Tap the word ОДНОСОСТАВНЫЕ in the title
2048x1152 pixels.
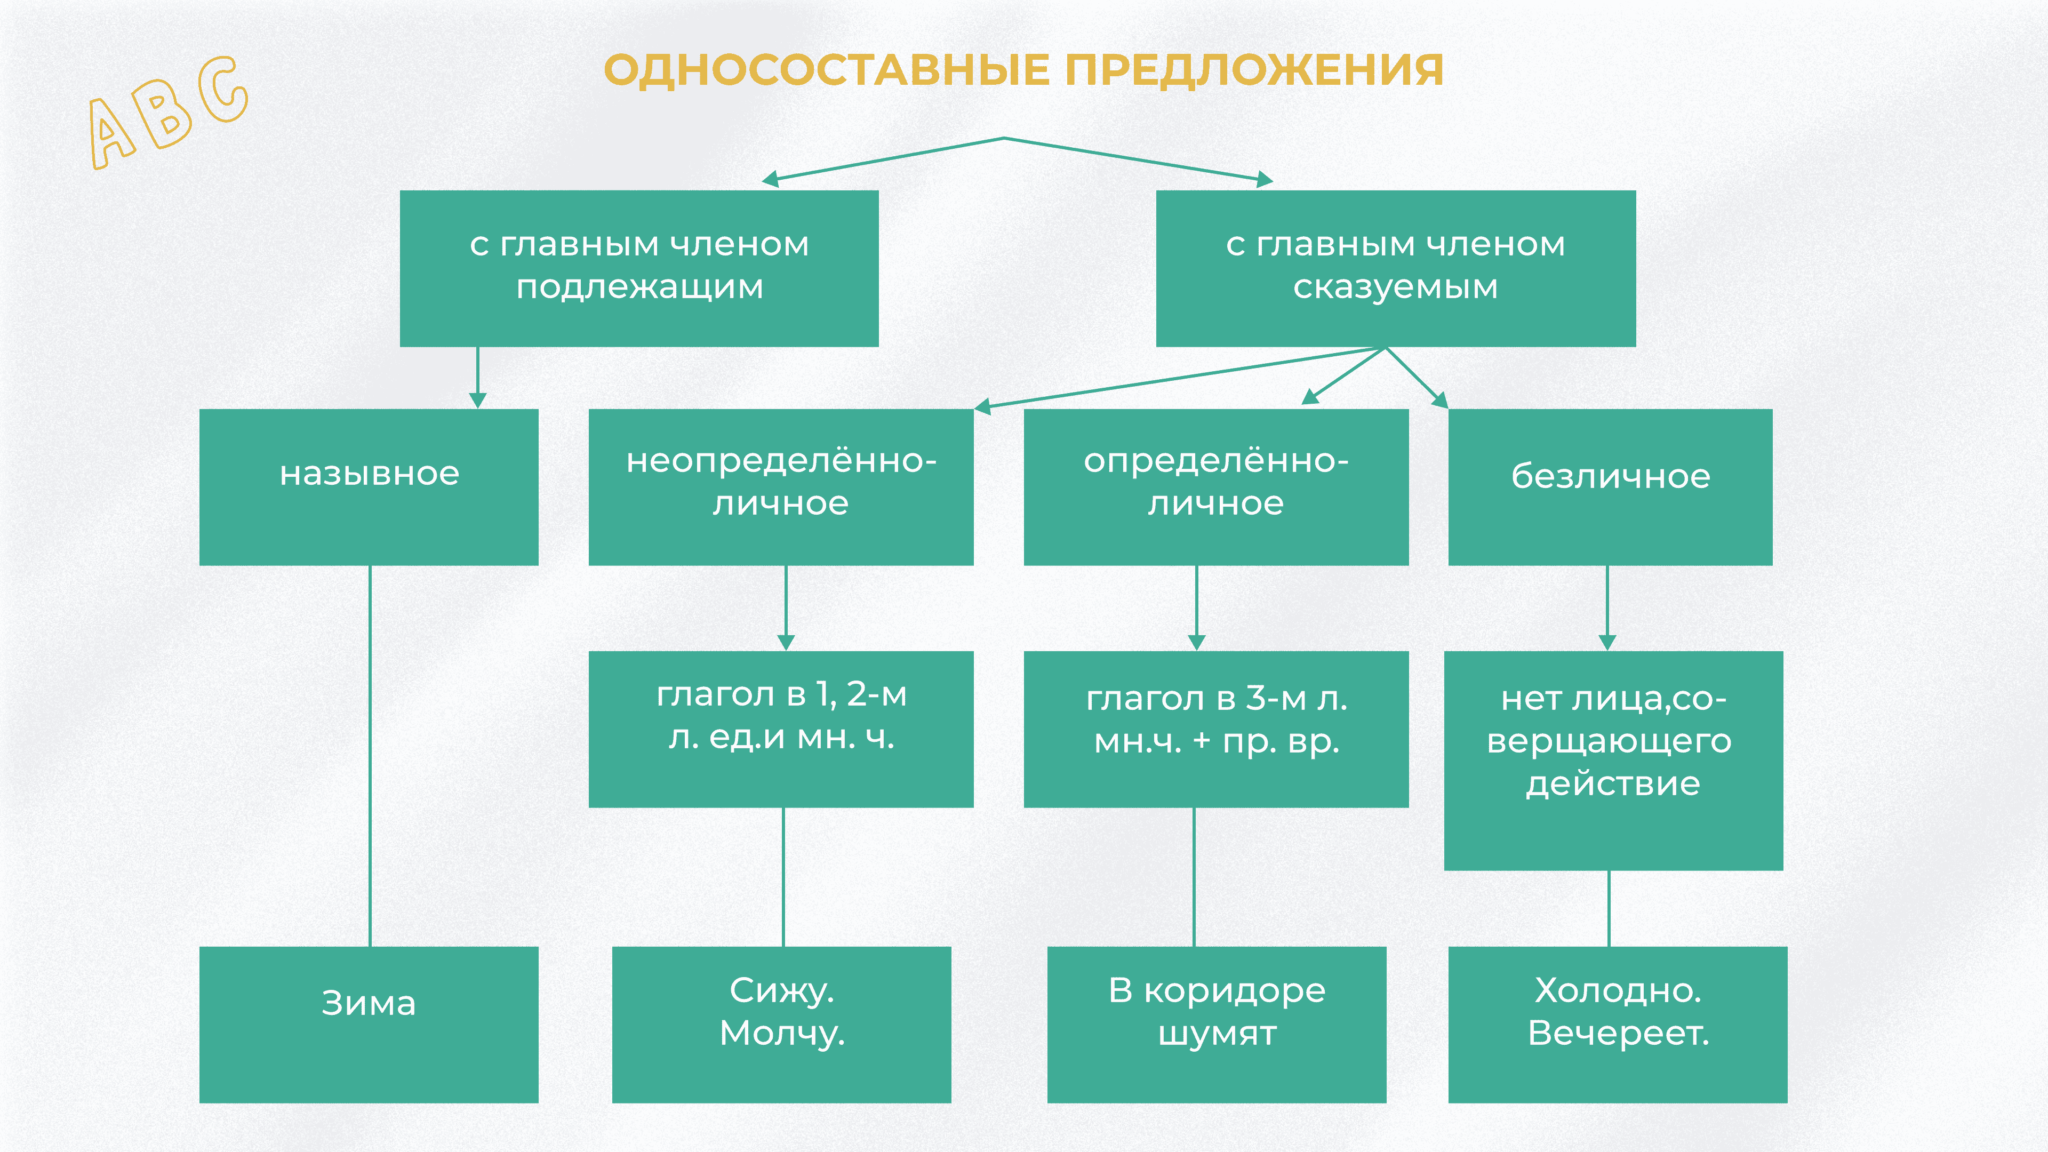827,70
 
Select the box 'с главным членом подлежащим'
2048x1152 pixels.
638,268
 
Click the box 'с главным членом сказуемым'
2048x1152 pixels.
1395,268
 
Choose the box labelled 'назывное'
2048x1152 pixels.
369,486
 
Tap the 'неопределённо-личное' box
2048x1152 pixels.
781,486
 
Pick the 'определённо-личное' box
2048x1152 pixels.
1215,486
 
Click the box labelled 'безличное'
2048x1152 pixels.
1610,486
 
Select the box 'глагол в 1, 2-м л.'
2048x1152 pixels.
781,728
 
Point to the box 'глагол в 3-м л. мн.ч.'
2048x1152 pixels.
1215,728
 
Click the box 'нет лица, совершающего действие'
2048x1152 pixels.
1613,759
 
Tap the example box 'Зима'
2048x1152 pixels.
369,1023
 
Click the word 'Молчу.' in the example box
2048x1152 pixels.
781,1034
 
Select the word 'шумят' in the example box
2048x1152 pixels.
1217,1034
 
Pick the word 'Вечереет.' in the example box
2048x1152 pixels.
1618,1034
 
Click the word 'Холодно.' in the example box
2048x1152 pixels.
1618,990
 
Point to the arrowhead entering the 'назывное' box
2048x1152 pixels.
478,400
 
